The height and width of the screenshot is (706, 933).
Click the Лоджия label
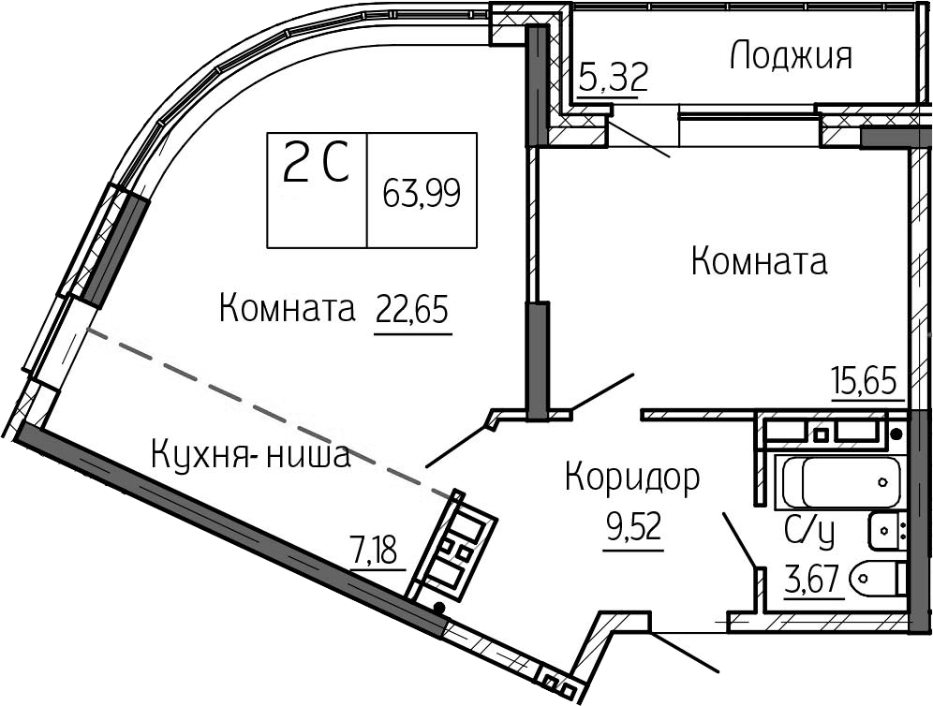pos(792,56)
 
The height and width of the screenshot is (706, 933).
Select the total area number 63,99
pos(422,193)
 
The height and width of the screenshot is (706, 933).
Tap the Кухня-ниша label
pos(250,456)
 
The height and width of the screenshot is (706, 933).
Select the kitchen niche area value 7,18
pos(375,551)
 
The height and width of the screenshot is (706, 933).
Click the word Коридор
pos(632,478)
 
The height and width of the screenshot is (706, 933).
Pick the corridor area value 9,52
pos(632,527)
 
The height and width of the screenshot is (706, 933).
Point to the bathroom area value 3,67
pos(815,578)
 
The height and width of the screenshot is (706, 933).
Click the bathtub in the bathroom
pos(841,481)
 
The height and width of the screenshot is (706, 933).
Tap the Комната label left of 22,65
pos(287,309)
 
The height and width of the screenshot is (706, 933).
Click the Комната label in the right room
pos(760,261)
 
